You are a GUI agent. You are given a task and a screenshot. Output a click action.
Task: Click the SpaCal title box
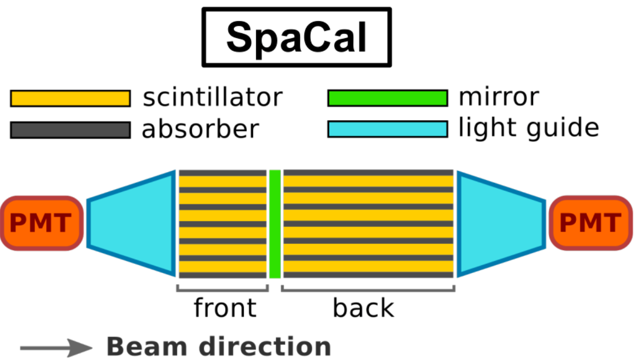click(296, 37)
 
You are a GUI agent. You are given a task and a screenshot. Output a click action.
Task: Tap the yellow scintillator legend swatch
click(70, 98)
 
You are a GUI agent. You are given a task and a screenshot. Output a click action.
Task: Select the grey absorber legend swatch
click(70, 130)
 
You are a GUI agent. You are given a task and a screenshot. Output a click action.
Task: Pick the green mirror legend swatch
click(387, 98)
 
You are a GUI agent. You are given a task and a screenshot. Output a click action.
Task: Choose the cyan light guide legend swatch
click(387, 129)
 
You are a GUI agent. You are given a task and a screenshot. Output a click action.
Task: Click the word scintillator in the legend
click(213, 98)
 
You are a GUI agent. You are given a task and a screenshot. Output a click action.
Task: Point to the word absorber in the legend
click(200, 129)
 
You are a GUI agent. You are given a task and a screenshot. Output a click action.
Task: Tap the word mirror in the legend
click(498, 97)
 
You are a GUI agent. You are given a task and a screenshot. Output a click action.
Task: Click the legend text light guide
click(528, 128)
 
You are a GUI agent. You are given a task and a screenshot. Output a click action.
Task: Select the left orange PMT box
click(41, 223)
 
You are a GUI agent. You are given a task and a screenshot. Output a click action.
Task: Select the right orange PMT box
click(591, 223)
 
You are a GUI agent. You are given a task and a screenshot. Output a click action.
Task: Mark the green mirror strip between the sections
click(275, 224)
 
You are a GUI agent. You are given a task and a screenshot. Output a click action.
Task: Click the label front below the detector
click(225, 307)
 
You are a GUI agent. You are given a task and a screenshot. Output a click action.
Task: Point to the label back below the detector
click(363, 308)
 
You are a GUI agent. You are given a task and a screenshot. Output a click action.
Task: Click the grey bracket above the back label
click(368, 289)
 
